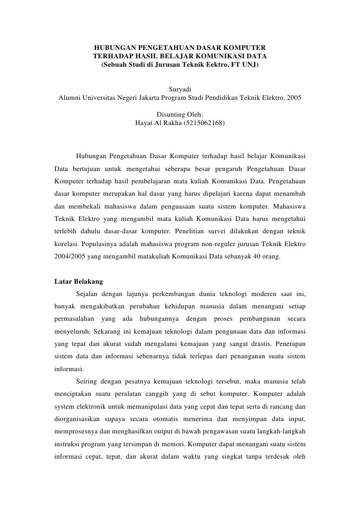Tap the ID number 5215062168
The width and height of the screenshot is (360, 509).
202,123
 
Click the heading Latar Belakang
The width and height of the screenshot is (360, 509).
78,282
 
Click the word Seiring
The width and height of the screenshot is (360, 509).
89,381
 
